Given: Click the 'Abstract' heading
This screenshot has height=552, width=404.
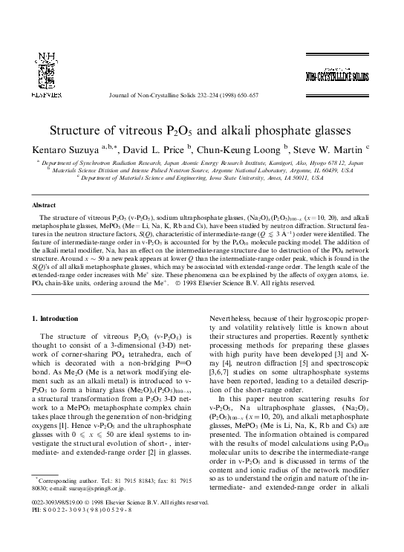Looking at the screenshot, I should (46, 204).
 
